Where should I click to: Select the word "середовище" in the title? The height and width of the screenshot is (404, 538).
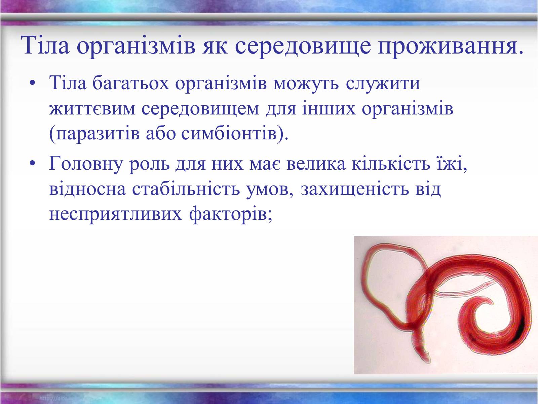303,46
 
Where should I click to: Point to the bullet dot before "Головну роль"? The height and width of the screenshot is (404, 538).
32,163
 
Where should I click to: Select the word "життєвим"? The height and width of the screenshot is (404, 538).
92,109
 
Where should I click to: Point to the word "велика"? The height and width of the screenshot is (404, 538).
316,164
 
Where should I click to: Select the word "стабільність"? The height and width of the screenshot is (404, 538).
186,189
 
